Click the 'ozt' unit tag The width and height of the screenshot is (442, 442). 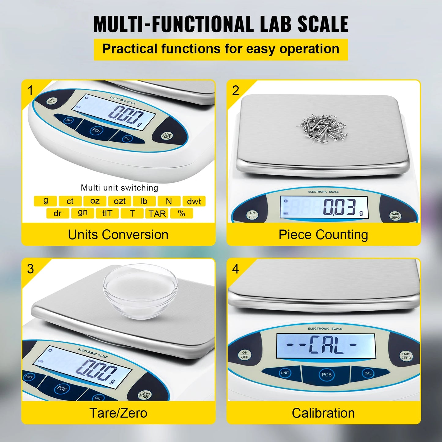pos(120,201)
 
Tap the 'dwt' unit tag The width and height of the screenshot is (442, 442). pos(194,201)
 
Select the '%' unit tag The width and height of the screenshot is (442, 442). pos(181,213)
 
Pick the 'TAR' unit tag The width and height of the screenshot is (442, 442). pos(157,214)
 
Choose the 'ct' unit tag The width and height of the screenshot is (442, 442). pos(70,201)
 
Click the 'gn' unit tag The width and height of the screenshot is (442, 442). pos(83,213)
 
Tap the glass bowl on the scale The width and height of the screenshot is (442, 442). pos(140,291)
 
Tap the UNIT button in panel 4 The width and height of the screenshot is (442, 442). pos(285,373)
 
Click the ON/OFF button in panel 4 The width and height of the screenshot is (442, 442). pos(245,355)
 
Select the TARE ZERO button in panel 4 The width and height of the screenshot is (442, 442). pos(406,356)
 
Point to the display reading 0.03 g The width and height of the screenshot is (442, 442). pos(324,207)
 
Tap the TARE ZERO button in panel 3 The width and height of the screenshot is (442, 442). pos(144,395)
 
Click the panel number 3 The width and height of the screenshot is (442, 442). pos(30,269)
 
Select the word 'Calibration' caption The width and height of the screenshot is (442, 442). pos(323,413)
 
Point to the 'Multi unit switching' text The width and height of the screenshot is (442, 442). pos(119,188)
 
